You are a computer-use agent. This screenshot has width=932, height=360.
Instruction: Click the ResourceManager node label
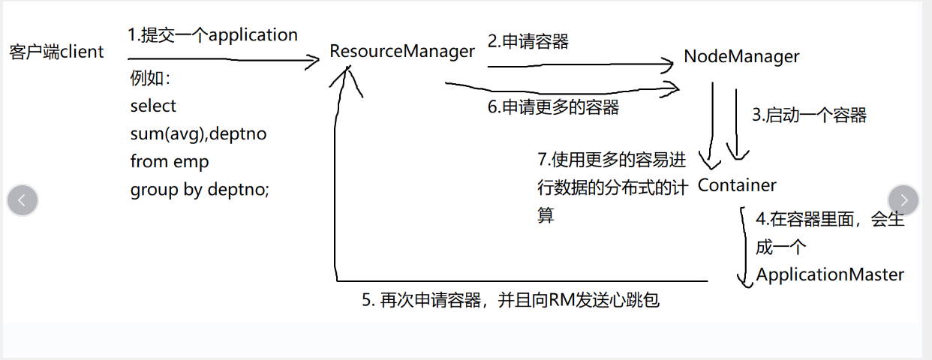402,51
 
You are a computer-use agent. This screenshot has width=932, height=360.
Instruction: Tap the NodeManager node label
741,56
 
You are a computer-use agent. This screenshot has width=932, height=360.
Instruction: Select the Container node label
737,184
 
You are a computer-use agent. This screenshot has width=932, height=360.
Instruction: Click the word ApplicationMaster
830,274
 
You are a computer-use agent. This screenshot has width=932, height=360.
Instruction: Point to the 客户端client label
57,52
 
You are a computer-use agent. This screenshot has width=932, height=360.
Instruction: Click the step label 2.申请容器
528,41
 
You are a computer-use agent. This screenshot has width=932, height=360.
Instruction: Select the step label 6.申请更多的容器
553,107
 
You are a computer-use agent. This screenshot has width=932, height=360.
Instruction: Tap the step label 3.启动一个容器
809,115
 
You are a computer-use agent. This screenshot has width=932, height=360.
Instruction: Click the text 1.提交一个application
212,34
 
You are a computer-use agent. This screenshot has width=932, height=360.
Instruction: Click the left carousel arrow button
23,200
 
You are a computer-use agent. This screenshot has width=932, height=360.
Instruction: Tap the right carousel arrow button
903,200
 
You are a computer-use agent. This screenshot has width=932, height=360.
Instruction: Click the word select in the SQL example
153,106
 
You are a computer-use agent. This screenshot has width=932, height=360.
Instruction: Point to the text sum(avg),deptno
198,133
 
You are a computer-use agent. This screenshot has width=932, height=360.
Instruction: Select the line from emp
170,161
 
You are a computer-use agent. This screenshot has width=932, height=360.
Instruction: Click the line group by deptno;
200,189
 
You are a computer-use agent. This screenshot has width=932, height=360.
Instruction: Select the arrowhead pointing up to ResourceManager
347,73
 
